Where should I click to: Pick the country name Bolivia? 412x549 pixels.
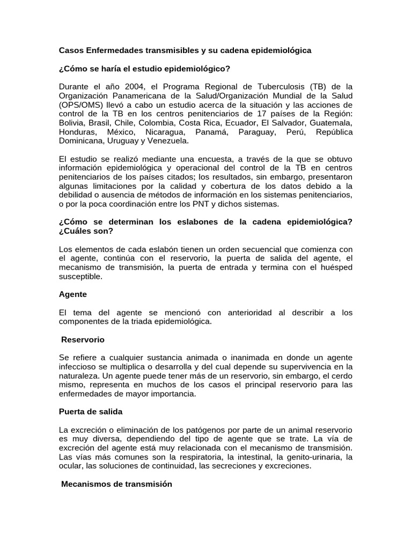[71, 123]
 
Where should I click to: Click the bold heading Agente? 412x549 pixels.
[72, 294]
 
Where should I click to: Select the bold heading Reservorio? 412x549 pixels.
[83, 340]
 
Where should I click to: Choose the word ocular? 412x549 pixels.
[70, 466]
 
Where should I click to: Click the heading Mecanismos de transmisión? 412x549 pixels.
[116, 484]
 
